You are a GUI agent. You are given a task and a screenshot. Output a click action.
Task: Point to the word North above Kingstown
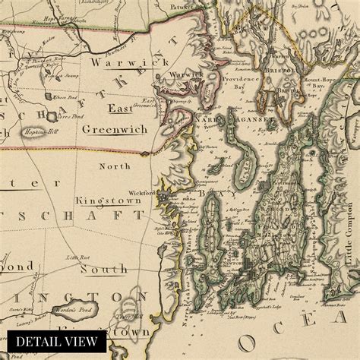coord(115,165)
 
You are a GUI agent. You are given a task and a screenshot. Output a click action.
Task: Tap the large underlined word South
coord(105,270)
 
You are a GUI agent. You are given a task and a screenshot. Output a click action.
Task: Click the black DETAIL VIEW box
coord(53,341)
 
